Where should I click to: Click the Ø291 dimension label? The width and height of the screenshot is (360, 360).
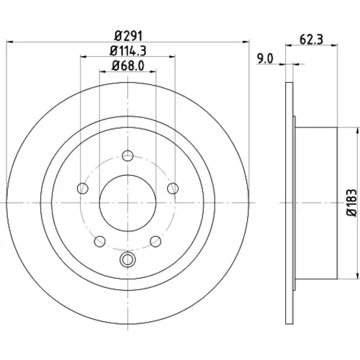(x=128, y=36)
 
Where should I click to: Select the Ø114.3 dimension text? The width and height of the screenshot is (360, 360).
(x=128, y=51)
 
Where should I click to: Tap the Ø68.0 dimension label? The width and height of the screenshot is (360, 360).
(x=128, y=66)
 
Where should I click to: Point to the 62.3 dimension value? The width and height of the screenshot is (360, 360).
(x=311, y=40)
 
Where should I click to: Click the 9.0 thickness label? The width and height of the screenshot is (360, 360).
(x=265, y=59)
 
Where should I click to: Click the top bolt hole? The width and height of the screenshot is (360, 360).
(x=127, y=156)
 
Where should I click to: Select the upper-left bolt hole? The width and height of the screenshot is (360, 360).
(x=83, y=188)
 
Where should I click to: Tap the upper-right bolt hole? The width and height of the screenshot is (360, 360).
(x=173, y=188)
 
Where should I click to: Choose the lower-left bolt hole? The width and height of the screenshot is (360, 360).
(x=100, y=241)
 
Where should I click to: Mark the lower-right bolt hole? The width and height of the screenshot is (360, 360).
(x=156, y=241)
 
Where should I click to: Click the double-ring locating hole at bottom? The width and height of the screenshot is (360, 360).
(x=127, y=259)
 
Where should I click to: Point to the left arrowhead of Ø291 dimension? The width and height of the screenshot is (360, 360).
(x=9, y=42)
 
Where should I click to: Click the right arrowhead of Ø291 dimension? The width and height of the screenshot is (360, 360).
(x=246, y=42)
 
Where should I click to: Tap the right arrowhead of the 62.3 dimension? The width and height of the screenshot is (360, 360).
(x=335, y=45)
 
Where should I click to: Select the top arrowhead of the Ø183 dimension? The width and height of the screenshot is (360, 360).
(x=358, y=130)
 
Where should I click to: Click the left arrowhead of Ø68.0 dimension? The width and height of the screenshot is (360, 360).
(x=102, y=71)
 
